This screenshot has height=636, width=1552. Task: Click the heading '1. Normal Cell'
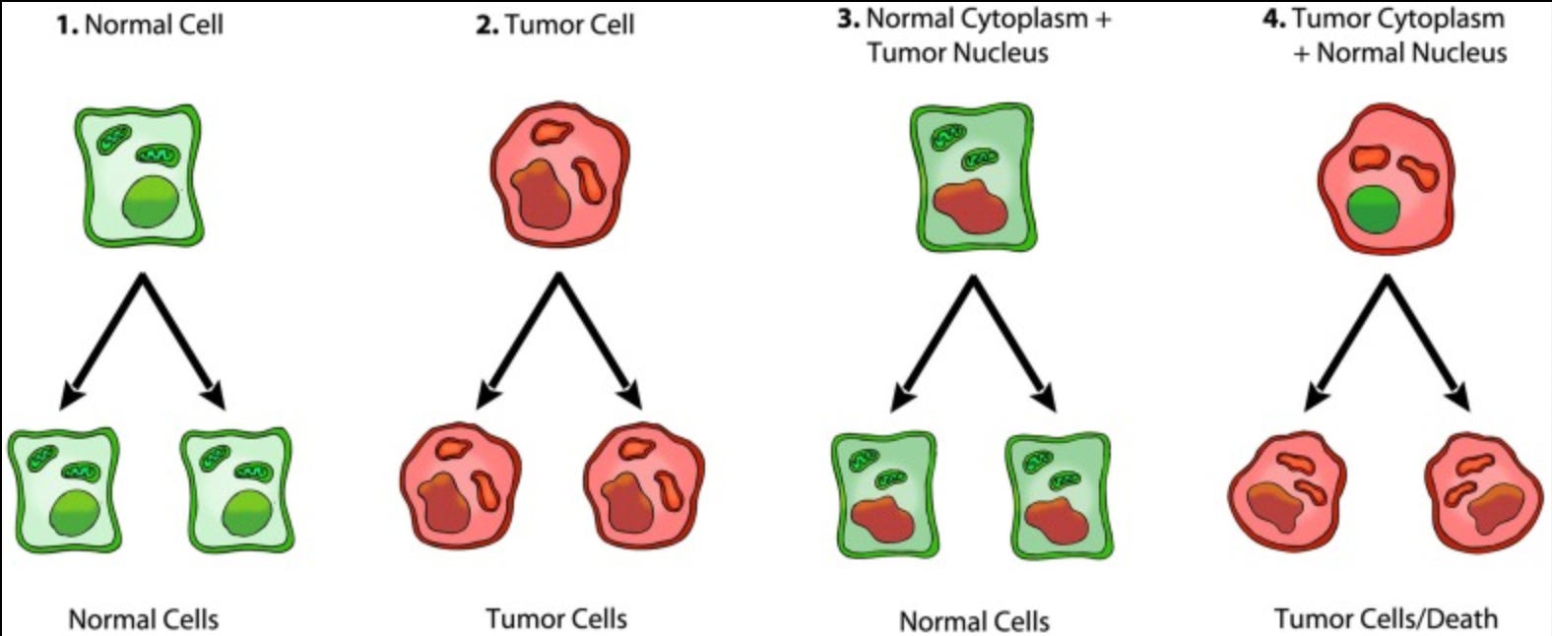(x=140, y=25)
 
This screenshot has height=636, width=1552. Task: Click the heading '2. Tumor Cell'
(x=555, y=25)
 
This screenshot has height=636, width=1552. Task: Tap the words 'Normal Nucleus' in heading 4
(x=1411, y=52)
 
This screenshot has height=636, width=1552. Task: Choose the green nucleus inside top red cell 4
(x=1375, y=210)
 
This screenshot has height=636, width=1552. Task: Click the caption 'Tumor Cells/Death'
(x=1386, y=619)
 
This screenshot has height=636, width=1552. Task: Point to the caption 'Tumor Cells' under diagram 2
(x=556, y=619)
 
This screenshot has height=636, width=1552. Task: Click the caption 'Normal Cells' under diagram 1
(x=144, y=619)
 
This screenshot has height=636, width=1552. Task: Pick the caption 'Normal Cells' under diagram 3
(x=974, y=621)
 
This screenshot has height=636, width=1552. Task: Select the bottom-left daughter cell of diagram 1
(x=65, y=489)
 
